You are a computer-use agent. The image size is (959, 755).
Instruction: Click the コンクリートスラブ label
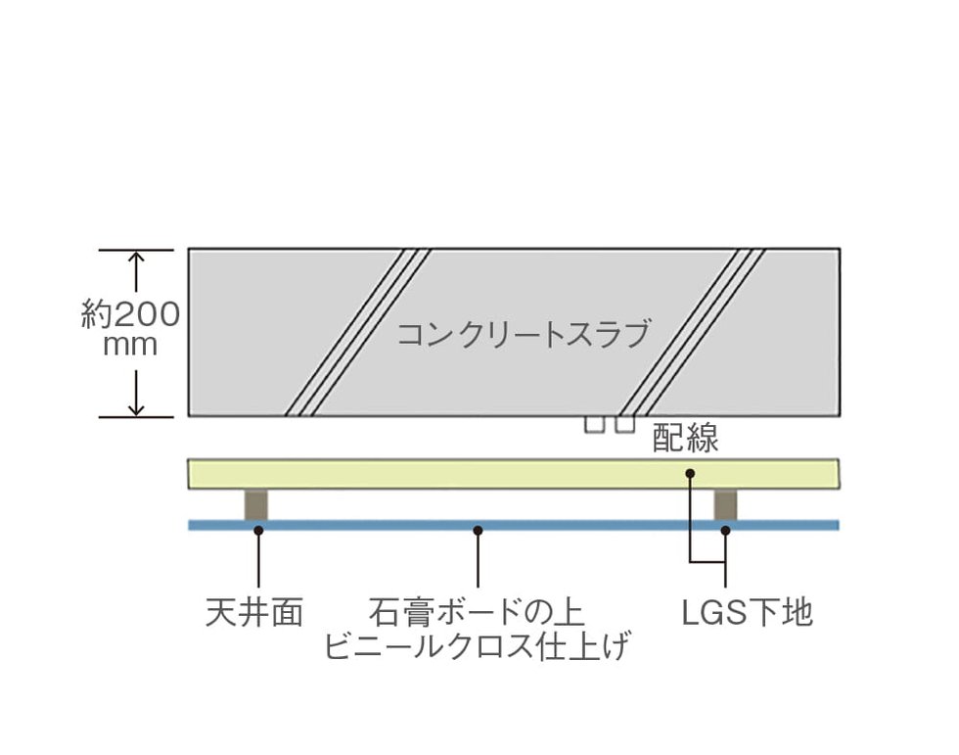524,334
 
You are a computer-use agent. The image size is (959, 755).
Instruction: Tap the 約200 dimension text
130,315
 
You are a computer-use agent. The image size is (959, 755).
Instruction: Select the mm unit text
130,346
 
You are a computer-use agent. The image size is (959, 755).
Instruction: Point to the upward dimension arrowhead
136,258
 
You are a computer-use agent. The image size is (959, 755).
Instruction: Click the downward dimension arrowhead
136,408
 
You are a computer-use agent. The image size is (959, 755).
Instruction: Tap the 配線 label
685,438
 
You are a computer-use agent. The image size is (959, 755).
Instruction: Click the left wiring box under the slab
595,425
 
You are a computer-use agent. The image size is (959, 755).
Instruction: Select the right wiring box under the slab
625,425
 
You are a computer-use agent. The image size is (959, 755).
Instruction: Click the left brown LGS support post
255,504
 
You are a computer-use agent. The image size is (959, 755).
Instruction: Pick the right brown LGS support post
725,504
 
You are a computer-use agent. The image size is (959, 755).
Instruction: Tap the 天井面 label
253,612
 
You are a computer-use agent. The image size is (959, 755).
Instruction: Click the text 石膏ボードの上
477,612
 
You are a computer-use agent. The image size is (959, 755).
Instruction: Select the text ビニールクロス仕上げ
477,646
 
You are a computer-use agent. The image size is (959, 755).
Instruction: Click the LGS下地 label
747,612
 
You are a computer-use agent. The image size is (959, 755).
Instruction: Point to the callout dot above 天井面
258,531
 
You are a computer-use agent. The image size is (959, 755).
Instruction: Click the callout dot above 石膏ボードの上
479,531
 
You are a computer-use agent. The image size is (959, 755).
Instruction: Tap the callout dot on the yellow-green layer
690,473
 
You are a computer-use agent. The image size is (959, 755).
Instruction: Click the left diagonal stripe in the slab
358,333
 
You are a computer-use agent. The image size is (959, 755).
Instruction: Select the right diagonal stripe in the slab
692,333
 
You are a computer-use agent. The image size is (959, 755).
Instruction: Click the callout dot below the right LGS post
725,531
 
